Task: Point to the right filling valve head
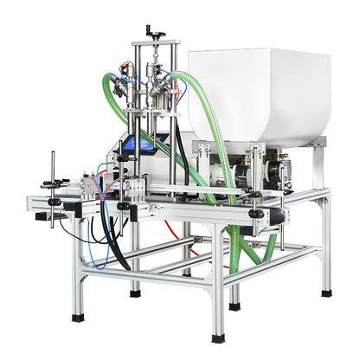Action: click(159, 87)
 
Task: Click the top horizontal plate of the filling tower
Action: click(156, 43)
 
